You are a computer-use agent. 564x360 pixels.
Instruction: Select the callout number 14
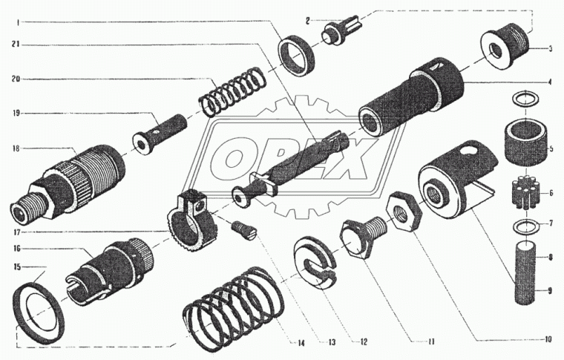pyautogui.click(x=301, y=344)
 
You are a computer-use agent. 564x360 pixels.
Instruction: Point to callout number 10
pyautogui.click(x=547, y=339)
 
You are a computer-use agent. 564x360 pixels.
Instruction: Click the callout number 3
pyautogui.click(x=550, y=50)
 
